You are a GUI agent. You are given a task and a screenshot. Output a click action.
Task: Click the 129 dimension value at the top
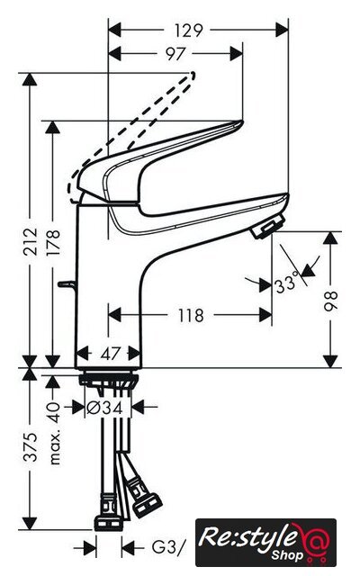click(188, 31)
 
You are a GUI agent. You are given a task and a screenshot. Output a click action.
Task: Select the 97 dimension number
click(175, 54)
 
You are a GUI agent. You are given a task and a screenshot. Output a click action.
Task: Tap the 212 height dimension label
click(31, 241)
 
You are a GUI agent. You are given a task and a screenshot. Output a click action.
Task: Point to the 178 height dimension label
click(53, 242)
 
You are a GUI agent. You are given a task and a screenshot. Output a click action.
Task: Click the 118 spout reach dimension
click(191, 316)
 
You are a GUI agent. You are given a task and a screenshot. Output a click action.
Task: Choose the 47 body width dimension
click(110, 354)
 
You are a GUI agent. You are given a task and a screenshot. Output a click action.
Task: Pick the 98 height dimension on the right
click(330, 301)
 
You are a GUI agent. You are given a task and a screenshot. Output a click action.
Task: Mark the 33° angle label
click(286, 284)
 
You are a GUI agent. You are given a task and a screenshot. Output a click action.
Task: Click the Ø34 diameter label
click(104, 407)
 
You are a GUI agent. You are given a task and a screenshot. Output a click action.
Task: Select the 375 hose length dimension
click(31, 447)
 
